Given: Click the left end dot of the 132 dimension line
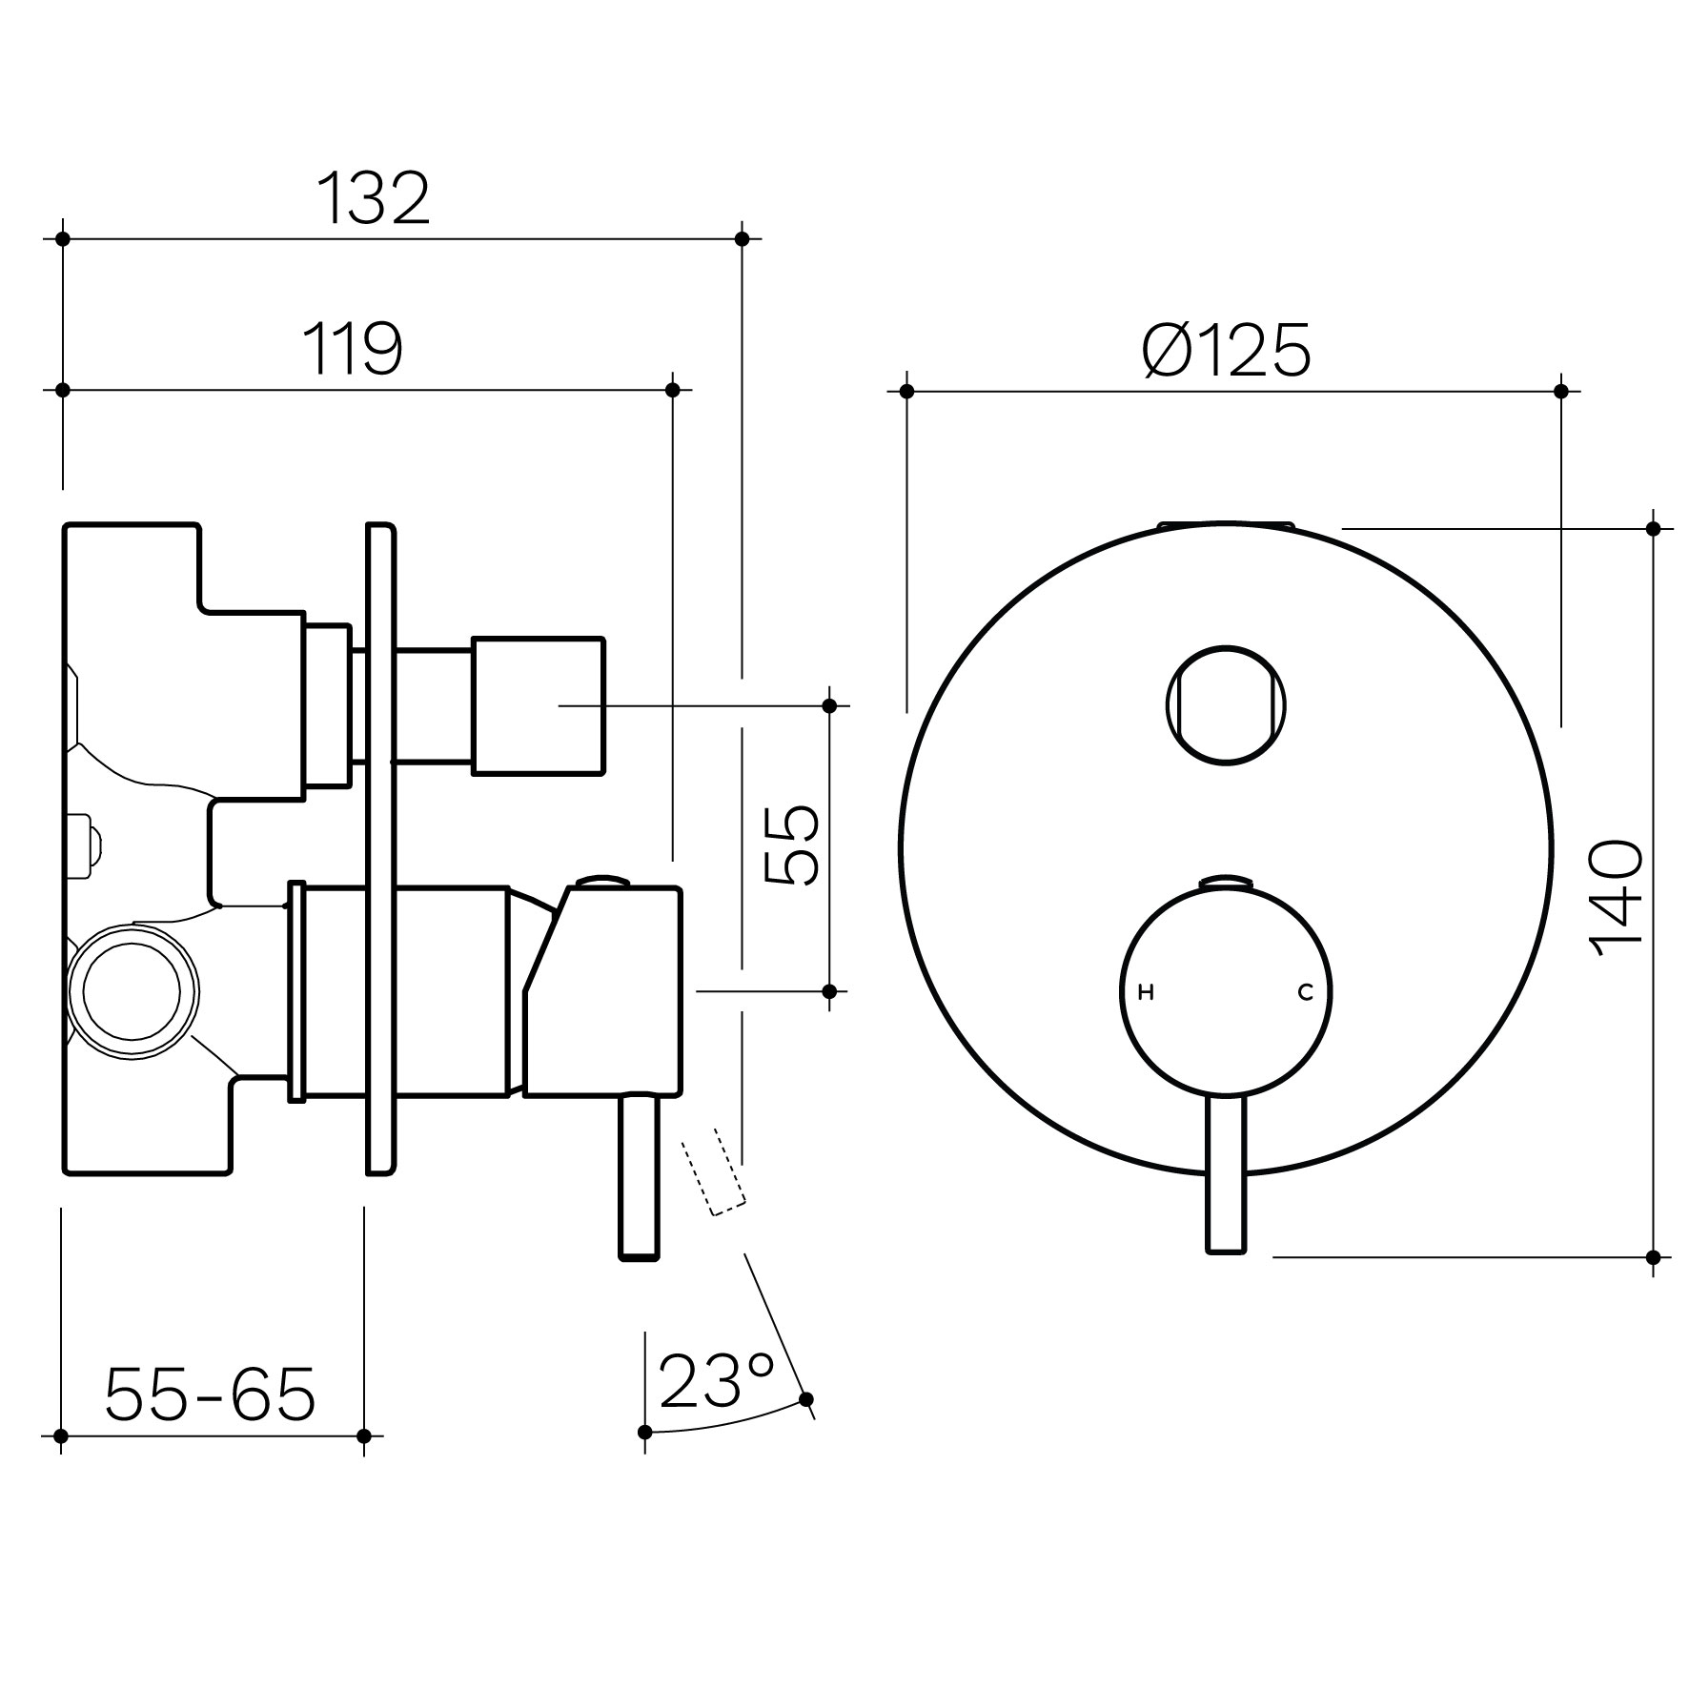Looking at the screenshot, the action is click(x=63, y=238).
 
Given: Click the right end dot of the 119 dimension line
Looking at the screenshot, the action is click(x=672, y=390).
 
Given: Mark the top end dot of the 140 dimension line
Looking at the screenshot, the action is click(x=1653, y=528).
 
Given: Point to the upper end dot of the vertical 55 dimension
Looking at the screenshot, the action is click(x=829, y=705).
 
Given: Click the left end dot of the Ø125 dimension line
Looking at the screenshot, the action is click(x=906, y=391).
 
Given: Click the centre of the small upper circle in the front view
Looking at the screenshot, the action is click(x=1226, y=705).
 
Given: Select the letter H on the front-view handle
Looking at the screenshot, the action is click(x=1147, y=993).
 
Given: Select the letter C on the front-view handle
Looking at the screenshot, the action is click(x=1305, y=993).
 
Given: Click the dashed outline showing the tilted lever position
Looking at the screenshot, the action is click(x=713, y=1172).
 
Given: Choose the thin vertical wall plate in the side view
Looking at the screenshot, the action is click(x=380, y=848).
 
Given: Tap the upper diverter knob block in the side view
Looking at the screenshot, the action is click(x=539, y=705).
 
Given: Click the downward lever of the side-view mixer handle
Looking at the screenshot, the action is click(x=640, y=1178).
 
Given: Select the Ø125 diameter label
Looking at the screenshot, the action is click(x=1227, y=350).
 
